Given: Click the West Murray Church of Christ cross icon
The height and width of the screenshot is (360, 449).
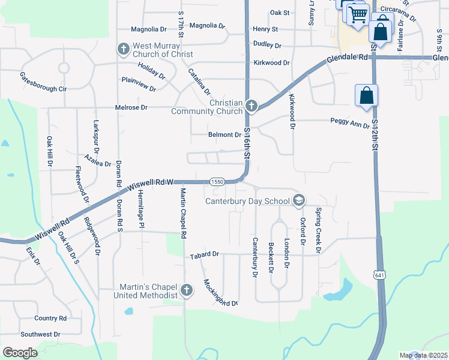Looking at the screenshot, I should tap(123, 49).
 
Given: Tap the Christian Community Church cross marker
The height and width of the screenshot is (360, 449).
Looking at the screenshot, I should tap(252, 106).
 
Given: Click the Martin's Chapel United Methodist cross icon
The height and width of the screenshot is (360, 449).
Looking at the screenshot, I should tap(186, 291).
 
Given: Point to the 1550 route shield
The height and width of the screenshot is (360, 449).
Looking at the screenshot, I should tap(217, 181).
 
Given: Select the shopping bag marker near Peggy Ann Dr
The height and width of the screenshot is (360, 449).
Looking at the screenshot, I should tap(366, 95).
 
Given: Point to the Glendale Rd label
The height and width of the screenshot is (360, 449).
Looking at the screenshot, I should tap(347, 59).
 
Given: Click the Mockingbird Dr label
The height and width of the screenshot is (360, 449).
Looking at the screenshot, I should tap(220, 293).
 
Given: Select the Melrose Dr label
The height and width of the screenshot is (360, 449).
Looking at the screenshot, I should tap(131, 107).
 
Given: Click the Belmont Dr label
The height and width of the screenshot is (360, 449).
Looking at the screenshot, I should tap(224, 135).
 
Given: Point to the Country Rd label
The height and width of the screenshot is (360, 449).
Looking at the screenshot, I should tap(50, 318).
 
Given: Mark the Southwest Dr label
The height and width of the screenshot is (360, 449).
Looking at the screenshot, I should tap(40, 334).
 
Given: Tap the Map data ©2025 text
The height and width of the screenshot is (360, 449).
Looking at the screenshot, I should tap(423, 355).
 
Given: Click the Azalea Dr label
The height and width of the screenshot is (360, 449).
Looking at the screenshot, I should tap(98, 161).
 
